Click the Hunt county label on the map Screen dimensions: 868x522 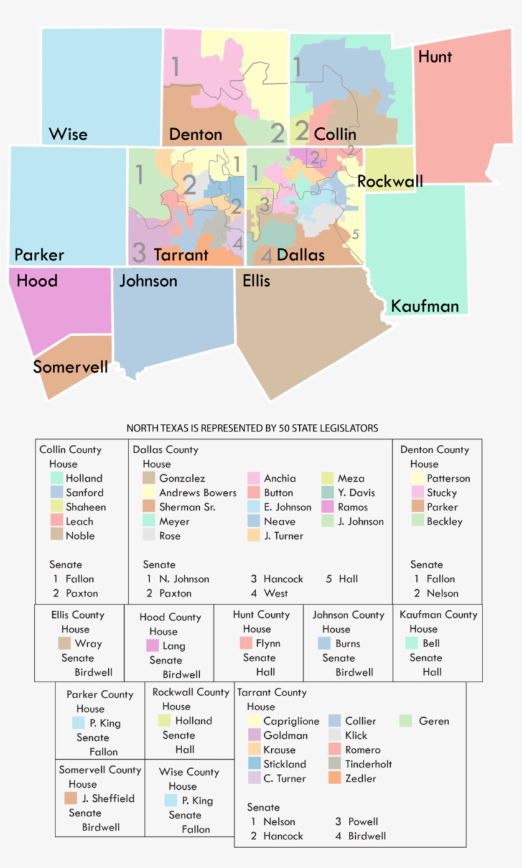(435, 57)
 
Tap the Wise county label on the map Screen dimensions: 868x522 (68, 134)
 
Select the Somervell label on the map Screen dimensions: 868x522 (70, 367)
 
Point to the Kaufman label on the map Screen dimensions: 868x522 (425, 306)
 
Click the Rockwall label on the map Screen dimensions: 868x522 (390, 182)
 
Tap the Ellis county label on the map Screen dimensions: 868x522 (257, 281)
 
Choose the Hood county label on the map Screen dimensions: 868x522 (37, 281)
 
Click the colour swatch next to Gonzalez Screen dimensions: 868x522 (149, 478)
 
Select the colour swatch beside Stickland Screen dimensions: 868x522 (253, 764)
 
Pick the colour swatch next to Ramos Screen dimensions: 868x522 (328, 507)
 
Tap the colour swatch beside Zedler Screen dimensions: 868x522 (335, 778)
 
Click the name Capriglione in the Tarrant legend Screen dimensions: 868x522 (292, 721)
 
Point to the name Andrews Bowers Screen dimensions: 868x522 (197, 493)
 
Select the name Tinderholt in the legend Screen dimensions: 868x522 (369, 764)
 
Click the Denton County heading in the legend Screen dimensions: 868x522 (435, 449)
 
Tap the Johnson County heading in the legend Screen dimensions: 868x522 (348, 615)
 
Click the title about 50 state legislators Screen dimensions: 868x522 (252, 428)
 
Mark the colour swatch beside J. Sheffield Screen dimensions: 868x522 (71, 798)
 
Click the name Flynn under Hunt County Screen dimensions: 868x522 (268, 643)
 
